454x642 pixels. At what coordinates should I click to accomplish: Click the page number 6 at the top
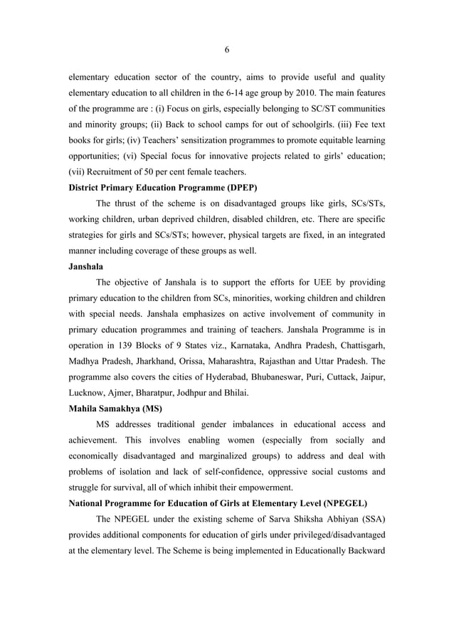tap(226, 49)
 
